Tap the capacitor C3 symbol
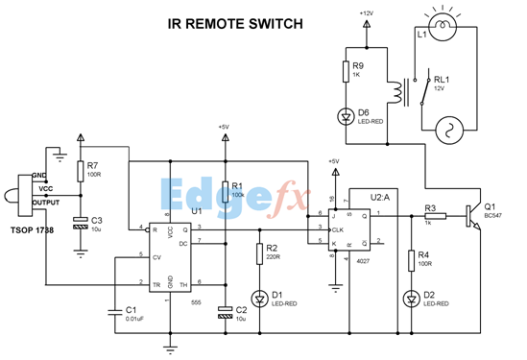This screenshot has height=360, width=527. (x=81, y=223)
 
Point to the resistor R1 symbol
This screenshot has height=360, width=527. (x=225, y=190)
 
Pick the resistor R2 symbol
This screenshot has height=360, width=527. (x=259, y=254)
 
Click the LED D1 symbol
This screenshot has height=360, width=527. (x=259, y=295)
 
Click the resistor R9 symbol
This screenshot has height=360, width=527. (x=346, y=73)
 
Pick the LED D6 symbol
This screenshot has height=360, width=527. (x=346, y=116)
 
